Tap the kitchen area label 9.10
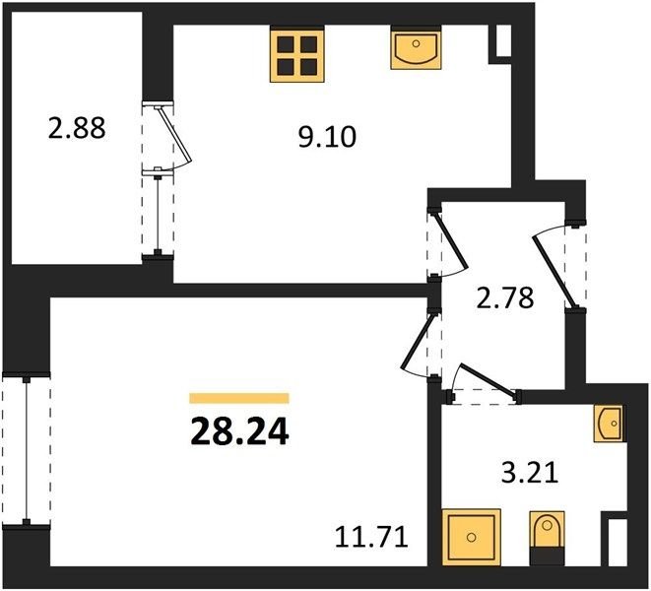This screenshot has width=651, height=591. coord(327,137)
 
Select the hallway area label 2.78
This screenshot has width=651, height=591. coord(504,297)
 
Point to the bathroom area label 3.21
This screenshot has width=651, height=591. coord(530,473)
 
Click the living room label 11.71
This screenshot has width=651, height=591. coord(371,537)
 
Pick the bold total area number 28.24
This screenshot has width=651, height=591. coord(239,431)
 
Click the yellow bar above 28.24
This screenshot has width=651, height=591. coord(239,398)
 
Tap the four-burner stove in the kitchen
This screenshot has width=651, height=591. coord(296,53)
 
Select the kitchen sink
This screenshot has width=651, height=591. coord(416,47)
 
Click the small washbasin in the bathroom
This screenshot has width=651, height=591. coord(609,424)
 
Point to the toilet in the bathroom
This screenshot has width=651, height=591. coord(548,538)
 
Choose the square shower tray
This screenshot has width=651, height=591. coord(471,538)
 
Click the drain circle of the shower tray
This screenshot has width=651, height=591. coord(471,538)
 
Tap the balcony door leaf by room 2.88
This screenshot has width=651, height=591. coord(174,135)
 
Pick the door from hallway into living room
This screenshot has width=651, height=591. coord(419,342)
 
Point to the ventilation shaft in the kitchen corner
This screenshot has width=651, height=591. coord(503,40)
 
